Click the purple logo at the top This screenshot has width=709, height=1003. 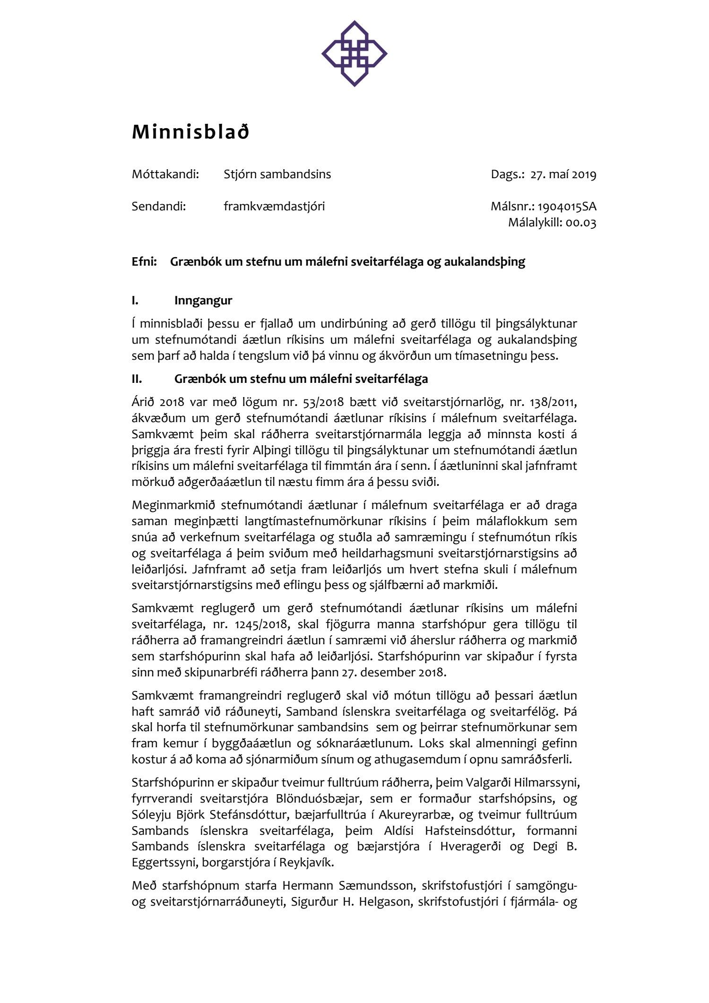(354, 53)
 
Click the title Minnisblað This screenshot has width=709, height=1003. (190, 132)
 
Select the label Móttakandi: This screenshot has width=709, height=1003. (165, 174)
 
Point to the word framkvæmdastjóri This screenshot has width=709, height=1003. (274, 207)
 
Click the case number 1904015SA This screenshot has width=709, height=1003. (567, 207)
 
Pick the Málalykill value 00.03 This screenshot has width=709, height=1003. (581, 223)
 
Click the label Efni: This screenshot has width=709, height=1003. (144, 262)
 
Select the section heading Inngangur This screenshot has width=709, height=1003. (203, 301)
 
